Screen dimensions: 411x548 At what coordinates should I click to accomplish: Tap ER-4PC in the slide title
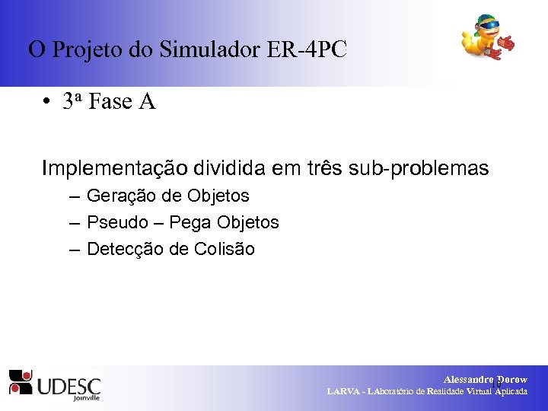(x=307, y=50)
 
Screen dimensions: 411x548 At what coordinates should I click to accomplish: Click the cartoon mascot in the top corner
(x=488, y=38)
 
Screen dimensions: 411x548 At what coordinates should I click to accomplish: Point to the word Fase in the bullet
(x=110, y=102)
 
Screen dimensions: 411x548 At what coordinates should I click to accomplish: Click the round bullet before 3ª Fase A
(x=47, y=103)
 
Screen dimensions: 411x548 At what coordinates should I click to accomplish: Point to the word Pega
(x=191, y=223)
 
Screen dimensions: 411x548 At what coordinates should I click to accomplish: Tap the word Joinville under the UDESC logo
(x=85, y=397)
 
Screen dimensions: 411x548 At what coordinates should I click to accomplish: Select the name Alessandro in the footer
(x=468, y=379)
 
